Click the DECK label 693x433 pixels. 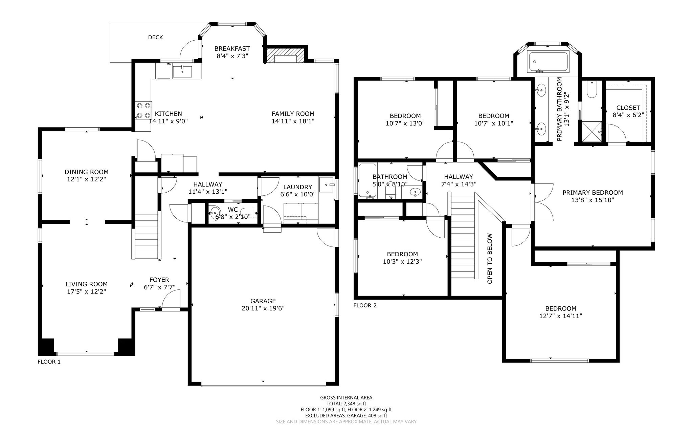click(x=156, y=37)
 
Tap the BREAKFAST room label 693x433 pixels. click(x=232, y=49)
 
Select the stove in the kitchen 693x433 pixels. click(x=143, y=111)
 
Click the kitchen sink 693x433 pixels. click(x=182, y=72)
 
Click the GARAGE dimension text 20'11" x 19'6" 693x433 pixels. click(x=263, y=308)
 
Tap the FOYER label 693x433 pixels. click(x=159, y=280)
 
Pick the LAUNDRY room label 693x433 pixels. click(x=297, y=187)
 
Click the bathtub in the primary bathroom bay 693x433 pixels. click(x=548, y=62)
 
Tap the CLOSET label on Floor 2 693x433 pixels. click(x=628, y=108)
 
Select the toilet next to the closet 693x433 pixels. click(x=592, y=89)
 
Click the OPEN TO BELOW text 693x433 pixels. click(x=490, y=259)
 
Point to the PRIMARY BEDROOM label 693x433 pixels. click(x=593, y=193)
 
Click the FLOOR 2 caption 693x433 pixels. click(x=365, y=305)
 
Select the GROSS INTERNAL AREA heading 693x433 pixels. click(x=346, y=398)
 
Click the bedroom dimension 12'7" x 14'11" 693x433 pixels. click(x=561, y=316)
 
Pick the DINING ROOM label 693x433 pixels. click(x=87, y=172)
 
